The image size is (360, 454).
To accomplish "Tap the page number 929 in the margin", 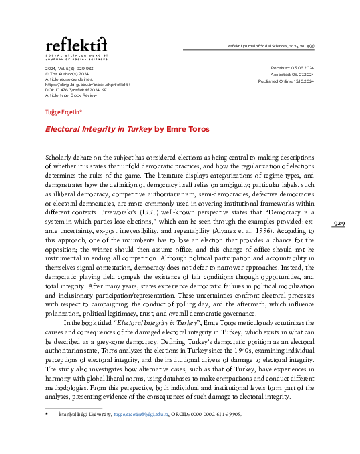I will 339,223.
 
